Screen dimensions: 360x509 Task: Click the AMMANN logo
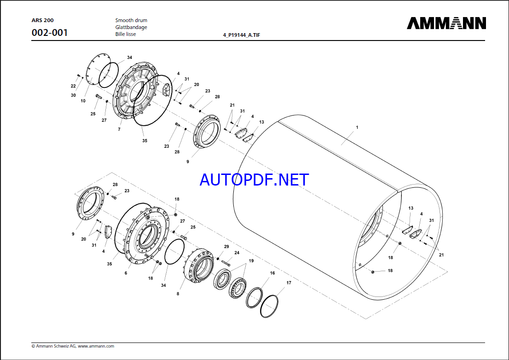tap(446, 23)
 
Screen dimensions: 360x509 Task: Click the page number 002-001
tap(49, 33)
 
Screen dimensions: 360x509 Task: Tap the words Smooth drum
tap(131, 20)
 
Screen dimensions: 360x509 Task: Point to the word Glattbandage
tap(131, 27)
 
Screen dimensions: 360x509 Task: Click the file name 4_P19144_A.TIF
tap(241, 35)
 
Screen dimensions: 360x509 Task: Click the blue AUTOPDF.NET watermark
tap(254, 180)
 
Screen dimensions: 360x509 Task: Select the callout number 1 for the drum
tap(357, 127)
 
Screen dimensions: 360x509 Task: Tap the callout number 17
tap(289, 283)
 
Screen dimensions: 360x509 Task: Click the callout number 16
tap(272, 273)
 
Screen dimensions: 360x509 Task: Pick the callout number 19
tap(251, 261)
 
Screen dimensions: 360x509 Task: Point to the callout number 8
tap(179, 293)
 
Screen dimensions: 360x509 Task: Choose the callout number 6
tap(126, 273)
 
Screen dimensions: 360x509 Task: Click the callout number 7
tap(119, 130)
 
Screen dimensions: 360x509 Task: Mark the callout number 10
tap(83, 100)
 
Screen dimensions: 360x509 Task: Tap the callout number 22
tap(73, 86)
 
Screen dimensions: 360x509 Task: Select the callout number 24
tap(237, 253)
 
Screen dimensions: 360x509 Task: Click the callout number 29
tap(226, 247)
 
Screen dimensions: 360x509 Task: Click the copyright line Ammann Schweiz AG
tap(73, 346)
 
